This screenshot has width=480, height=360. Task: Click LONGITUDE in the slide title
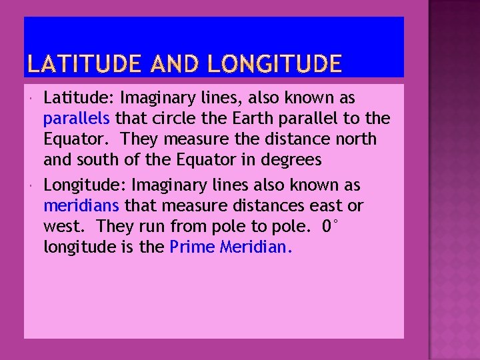click(x=275, y=64)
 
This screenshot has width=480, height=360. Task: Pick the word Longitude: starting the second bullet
click(x=85, y=185)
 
